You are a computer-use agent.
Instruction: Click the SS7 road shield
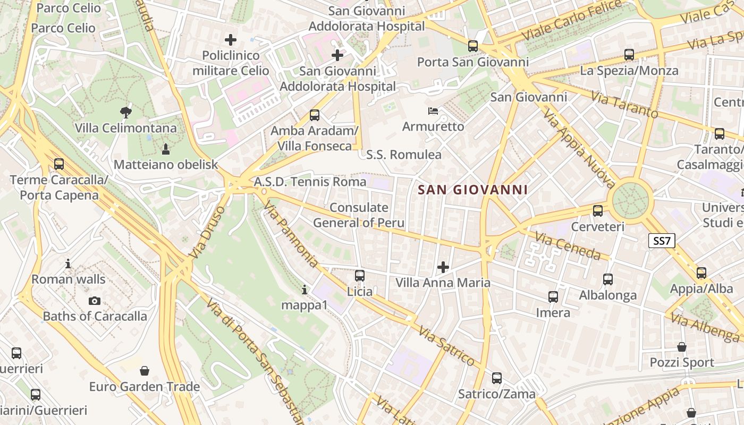pyautogui.click(x=662, y=241)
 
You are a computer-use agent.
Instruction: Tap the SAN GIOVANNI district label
pyautogui.click(x=472, y=190)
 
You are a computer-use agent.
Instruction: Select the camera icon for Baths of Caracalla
pyautogui.click(x=95, y=301)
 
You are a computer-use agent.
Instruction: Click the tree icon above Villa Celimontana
pyautogui.click(x=126, y=112)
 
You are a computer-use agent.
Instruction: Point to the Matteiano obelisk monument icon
pyautogui.click(x=165, y=148)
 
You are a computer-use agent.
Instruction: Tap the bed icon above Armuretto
pyautogui.click(x=433, y=111)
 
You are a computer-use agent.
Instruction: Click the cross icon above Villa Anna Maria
pyautogui.click(x=443, y=267)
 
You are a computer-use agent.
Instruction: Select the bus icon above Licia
pyautogui.click(x=360, y=275)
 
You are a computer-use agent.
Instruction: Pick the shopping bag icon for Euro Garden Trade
pyautogui.click(x=144, y=370)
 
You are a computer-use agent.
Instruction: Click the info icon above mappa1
pyautogui.click(x=305, y=290)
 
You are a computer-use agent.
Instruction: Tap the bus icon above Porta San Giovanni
pyautogui.click(x=472, y=46)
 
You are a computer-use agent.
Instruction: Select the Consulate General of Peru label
pyautogui.click(x=359, y=215)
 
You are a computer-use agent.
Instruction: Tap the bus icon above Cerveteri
pyautogui.click(x=598, y=210)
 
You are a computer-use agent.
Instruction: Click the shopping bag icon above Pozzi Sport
pyautogui.click(x=682, y=347)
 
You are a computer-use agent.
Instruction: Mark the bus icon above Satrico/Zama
pyautogui.click(x=496, y=378)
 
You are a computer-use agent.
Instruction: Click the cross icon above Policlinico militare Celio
pyautogui.click(x=231, y=39)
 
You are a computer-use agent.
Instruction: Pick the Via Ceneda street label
pyautogui.click(x=568, y=246)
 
